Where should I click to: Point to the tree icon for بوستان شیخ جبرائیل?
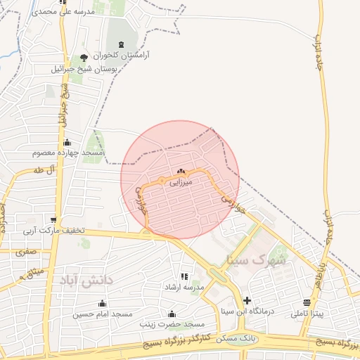click(85, 58)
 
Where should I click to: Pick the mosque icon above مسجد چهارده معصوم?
click(67, 142)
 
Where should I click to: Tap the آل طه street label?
click(43, 170)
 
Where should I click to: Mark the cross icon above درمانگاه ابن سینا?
click(247, 300)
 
